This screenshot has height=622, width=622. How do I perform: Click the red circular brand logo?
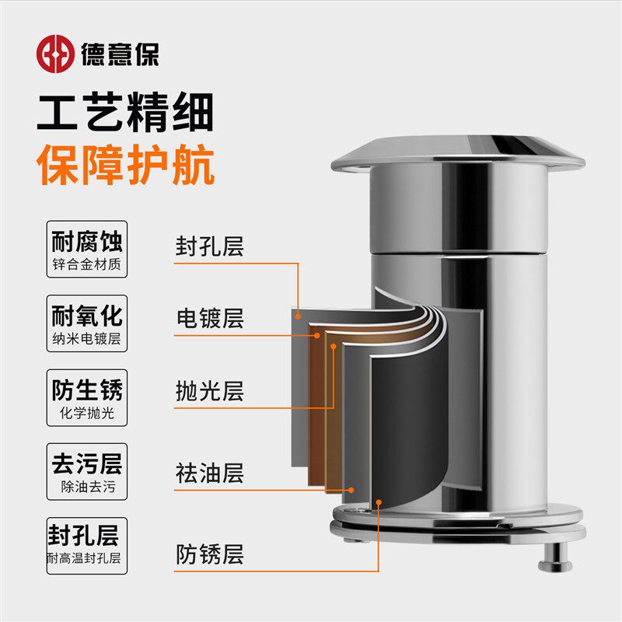click(x=55, y=53)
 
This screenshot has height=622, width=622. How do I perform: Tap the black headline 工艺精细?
click(x=125, y=114)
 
